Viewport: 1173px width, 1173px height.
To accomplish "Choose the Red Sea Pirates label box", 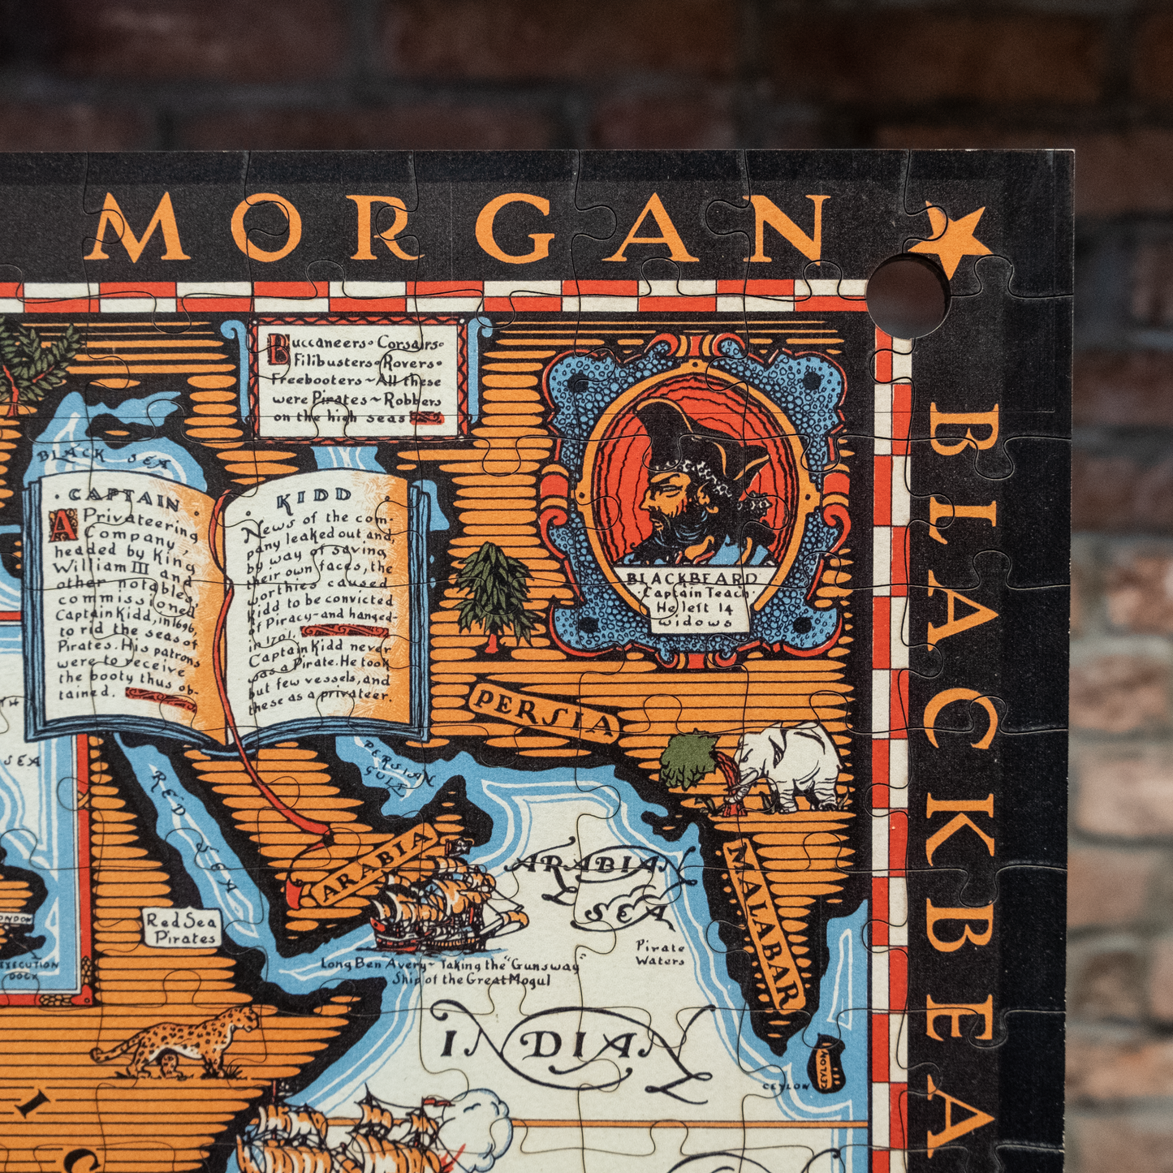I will tap(182, 929).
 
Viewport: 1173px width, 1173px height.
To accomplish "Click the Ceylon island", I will tap(829, 1063).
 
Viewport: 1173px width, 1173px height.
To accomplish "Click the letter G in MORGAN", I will tap(524, 229).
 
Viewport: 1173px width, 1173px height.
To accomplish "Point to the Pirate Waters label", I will tap(660, 954).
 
